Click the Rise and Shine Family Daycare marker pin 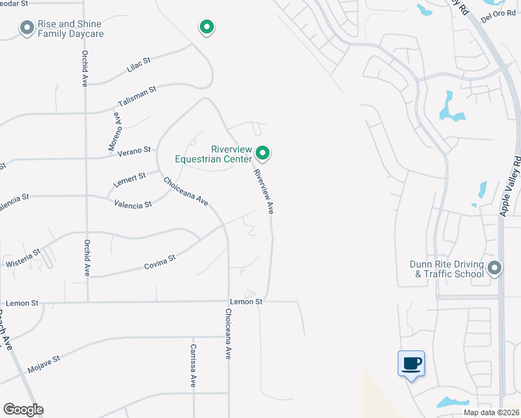coord(27,28)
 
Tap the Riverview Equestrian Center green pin coord(263,152)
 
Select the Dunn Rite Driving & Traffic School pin coord(495,268)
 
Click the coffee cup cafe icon coord(411,363)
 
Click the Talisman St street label coord(137,97)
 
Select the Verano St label coord(135,150)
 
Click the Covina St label coord(160,261)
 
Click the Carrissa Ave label coord(193,365)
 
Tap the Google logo coord(23,410)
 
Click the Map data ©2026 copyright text coord(490,412)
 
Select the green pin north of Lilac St coord(206,27)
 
